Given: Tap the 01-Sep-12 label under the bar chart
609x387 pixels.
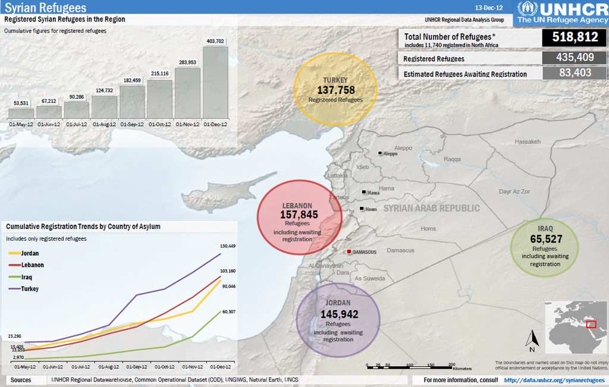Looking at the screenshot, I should pos(132,124).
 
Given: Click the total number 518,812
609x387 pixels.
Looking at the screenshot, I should pos(575,37).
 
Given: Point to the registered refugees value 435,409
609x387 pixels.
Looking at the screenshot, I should pos(575,58).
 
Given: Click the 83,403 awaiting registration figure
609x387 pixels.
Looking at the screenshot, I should pos(575,73).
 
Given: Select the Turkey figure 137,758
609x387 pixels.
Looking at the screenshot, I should pos(335,90).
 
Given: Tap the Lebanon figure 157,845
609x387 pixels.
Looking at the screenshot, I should pos(299,215).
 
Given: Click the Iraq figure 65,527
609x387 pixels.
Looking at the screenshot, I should pos(545,239).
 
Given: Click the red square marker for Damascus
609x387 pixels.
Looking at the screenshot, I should pos(349,252).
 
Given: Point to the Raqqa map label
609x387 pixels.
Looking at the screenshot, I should pos(452,159).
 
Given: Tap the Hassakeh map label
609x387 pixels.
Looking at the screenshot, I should pos(528,141).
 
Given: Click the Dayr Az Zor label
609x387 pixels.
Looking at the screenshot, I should pos(514,191).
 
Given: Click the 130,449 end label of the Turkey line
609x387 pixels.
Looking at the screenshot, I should pos(228,246).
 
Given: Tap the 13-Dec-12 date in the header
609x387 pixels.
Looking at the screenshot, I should pos(489,8).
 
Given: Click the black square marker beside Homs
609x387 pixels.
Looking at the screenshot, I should pos(362,209).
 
